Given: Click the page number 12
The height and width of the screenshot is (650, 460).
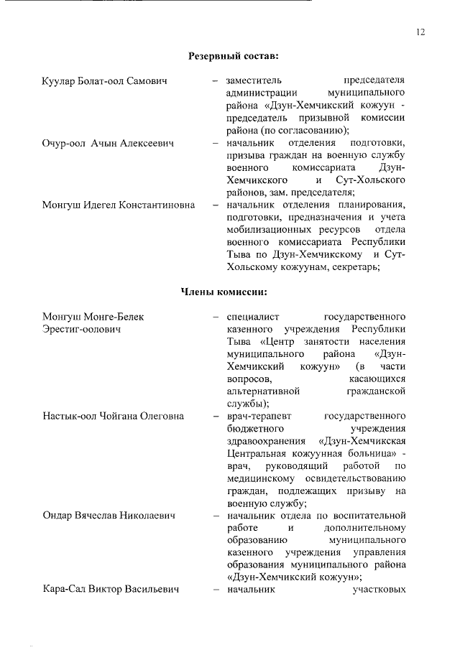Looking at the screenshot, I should [420, 31].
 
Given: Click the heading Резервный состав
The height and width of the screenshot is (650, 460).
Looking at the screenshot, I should [234, 55].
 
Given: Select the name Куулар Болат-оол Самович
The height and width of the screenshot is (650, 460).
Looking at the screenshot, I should [105, 80].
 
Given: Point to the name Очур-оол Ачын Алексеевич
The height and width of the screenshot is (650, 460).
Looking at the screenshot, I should [109, 143].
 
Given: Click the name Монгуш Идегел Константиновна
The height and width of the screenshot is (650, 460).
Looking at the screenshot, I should [119, 205].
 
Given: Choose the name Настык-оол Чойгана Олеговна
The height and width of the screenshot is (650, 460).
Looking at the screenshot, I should [113, 416].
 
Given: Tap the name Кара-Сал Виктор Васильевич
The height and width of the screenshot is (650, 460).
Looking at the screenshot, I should [110, 590].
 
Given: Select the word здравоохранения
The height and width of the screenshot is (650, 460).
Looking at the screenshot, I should [264, 441].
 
